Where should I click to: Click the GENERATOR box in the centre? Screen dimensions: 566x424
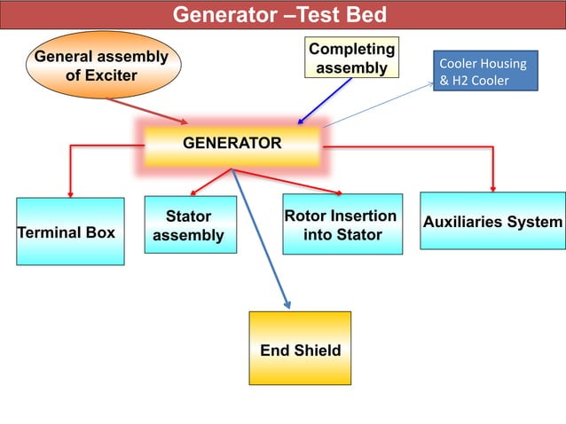pos(232,145)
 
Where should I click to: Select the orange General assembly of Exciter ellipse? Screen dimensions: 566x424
pos(104,65)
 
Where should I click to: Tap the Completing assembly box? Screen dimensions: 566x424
pos(351,58)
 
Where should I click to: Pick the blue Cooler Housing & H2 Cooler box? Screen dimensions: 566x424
pos(485,71)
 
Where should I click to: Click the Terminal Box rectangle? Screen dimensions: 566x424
pos(70,232)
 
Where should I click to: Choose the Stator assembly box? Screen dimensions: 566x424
pos(191,224)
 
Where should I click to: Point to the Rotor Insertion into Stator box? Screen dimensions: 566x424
pos(342,224)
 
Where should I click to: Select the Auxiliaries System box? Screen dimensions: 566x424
pos(492,221)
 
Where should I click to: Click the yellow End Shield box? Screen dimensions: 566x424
pos(300,349)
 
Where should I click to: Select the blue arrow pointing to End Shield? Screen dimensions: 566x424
pos(261,239)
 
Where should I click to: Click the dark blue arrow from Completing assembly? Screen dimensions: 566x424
pos(324,101)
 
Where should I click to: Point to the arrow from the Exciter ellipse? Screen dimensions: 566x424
pos(147,111)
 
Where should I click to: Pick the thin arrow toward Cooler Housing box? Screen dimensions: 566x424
pos(378,105)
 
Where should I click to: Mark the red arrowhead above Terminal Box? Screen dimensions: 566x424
pos(70,194)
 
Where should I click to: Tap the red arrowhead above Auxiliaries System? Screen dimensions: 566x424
pos(493,189)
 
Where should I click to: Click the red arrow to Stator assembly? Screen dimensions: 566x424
pos(211,182)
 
